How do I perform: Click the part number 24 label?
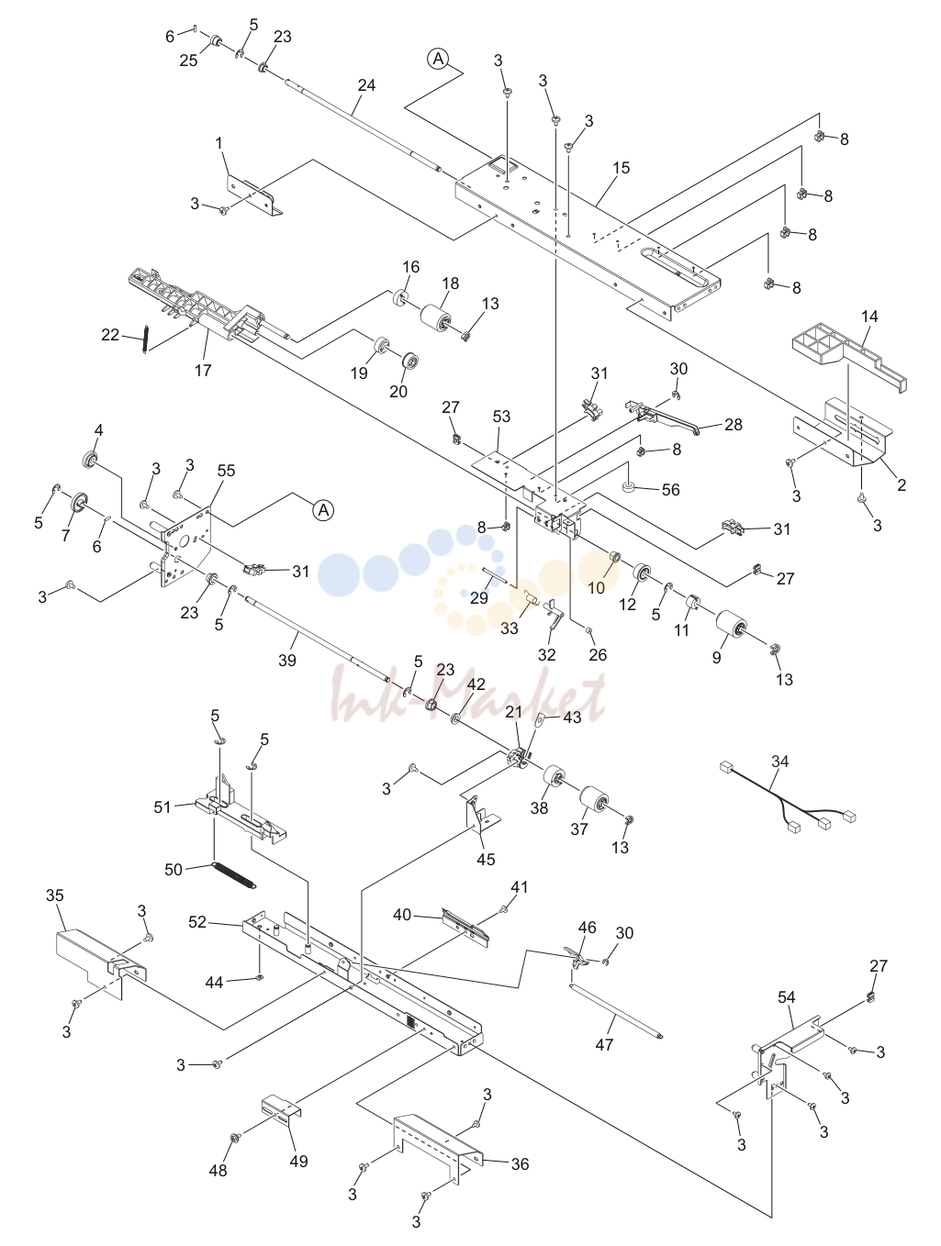[x=366, y=85]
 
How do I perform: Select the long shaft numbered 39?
[x=317, y=638]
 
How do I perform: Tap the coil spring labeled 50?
[x=233, y=874]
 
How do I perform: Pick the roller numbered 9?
[x=732, y=628]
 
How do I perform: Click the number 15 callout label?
[x=622, y=168]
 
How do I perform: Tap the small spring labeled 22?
[x=146, y=339]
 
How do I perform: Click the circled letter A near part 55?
[x=323, y=510]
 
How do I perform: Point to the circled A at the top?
[x=438, y=59]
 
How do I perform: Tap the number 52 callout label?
[x=197, y=922]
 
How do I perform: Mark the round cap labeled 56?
[x=630, y=486]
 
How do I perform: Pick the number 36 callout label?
[x=521, y=1163]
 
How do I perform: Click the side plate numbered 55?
[x=186, y=546]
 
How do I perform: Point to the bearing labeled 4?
[x=90, y=459]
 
